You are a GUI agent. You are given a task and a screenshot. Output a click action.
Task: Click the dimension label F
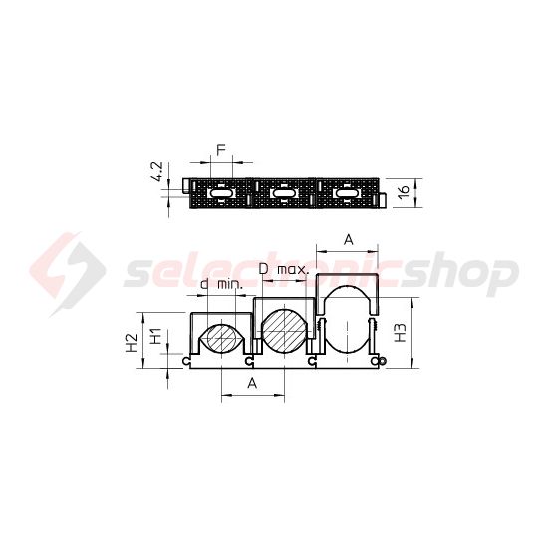click(221, 150)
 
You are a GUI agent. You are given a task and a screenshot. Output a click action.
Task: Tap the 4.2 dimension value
click(158, 171)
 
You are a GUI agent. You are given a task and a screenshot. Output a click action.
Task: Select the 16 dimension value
click(403, 192)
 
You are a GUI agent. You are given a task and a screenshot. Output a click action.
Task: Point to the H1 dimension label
click(155, 336)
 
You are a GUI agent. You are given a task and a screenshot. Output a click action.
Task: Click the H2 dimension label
click(132, 342)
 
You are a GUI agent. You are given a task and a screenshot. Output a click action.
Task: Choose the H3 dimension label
click(401, 333)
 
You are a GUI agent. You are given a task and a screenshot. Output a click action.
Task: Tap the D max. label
click(284, 269)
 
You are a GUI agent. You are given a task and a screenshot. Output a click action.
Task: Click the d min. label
click(221, 284)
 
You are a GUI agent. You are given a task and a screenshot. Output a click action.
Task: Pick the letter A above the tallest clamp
click(349, 240)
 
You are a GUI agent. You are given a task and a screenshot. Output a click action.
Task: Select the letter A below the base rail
click(252, 383)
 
